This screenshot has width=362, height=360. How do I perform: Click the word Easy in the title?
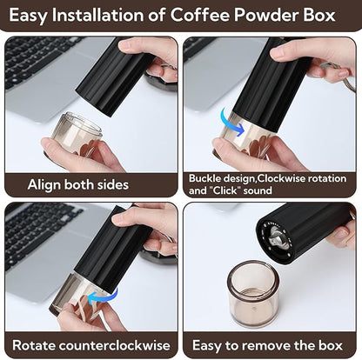[33, 16]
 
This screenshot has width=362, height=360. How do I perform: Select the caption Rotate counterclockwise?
[91, 344]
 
